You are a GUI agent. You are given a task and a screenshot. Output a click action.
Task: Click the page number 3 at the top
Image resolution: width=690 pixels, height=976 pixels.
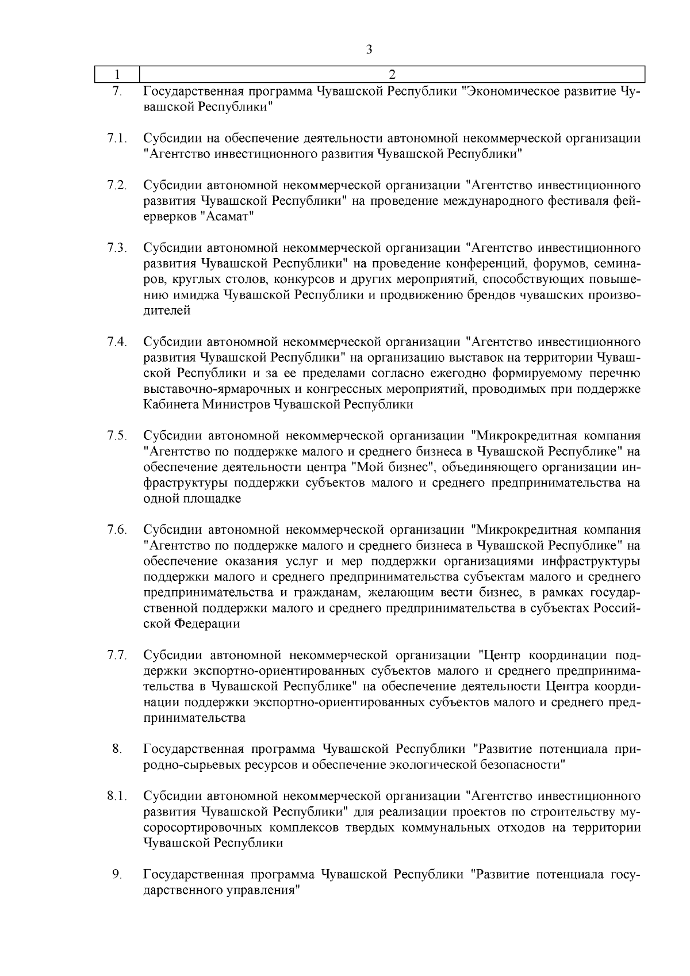click(x=369, y=49)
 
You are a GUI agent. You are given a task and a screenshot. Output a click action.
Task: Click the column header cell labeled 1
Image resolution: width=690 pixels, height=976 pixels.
click(x=117, y=75)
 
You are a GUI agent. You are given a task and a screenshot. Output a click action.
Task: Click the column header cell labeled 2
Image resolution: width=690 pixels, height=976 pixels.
click(x=392, y=75)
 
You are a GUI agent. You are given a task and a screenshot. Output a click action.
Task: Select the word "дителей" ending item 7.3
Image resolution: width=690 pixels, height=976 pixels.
click(x=167, y=311)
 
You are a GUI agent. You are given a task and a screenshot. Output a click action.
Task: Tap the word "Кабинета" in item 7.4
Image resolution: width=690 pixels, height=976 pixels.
click(x=171, y=405)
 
